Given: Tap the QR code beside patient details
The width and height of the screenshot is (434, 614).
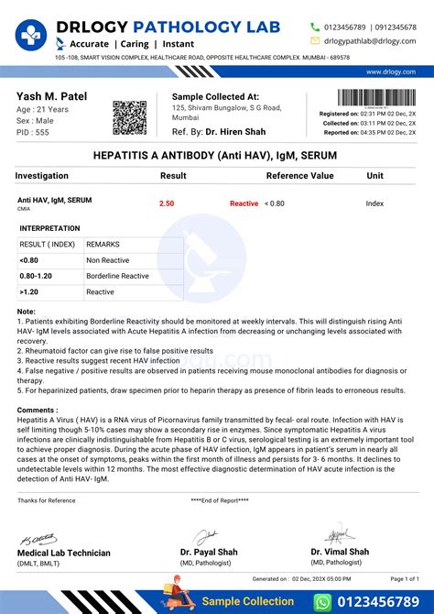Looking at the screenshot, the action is click(129, 118).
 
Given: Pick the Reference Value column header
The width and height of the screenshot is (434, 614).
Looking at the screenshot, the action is click(299, 175).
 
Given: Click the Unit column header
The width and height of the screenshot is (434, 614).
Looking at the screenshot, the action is click(375, 175).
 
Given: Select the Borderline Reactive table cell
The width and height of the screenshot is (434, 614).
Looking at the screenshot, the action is click(118, 275).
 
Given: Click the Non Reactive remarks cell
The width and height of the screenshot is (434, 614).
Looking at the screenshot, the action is click(107, 259).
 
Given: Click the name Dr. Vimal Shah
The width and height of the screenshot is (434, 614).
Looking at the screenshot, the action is click(340, 552).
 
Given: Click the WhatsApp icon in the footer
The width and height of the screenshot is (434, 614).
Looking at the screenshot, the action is click(322, 600).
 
